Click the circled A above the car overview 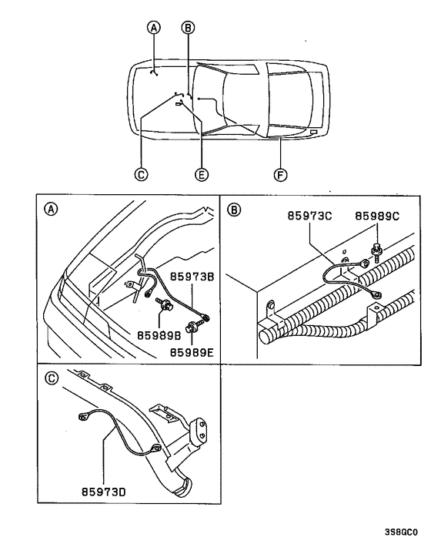(x=154, y=28)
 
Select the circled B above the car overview (x=188, y=28)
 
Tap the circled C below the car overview (x=141, y=175)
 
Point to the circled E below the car (x=202, y=175)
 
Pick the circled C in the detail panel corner (x=51, y=378)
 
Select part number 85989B (x=159, y=336)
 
